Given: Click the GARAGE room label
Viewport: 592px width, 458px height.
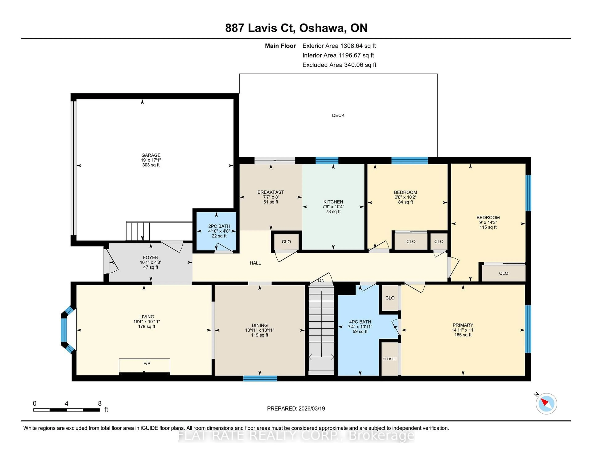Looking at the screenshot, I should pyautogui.click(x=151, y=155).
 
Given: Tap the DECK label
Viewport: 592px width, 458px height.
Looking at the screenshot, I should pyautogui.click(x=338, y=115).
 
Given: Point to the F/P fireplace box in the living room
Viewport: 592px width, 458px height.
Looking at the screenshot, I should pyautogui.click(x=144, y=365).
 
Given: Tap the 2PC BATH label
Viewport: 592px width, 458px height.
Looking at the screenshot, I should pyautogui.click(x=219, y=226).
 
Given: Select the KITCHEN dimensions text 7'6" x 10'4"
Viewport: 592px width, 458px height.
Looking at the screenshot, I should pyautogui.click(x=333, y=206).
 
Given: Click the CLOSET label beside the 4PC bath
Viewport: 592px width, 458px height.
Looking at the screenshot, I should pyautogui.click(x=390, y=359).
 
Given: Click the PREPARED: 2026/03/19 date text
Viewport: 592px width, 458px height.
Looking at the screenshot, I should pyautogui.click(x=296, y=408).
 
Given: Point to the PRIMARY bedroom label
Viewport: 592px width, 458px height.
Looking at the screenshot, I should pyautogui.click(x=463, y=325).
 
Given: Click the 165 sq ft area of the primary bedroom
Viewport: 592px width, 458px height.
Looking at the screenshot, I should pyautogui.click(x=463, y=335).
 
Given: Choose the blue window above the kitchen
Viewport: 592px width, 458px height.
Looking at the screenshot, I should pyautogui.click(x=327, y=160).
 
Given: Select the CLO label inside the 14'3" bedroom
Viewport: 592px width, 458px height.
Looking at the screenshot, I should pyautogui.click(x=503, y=273).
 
